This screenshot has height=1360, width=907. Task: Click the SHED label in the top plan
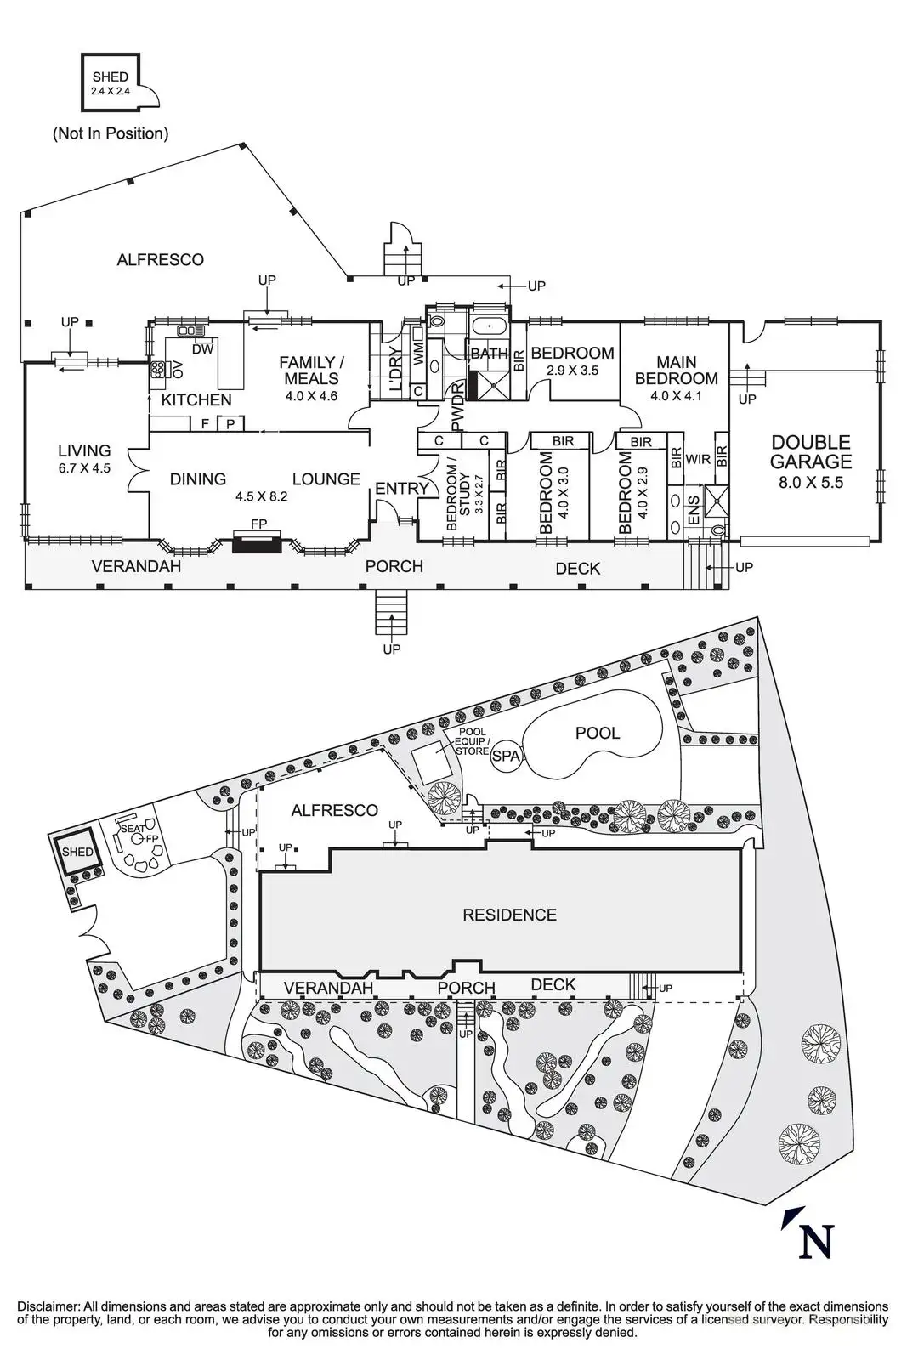click(x=110, y=77)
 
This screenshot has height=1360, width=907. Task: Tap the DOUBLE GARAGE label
click(x=810, y=451)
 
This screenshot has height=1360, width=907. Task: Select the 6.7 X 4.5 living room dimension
click(x=84, y=468)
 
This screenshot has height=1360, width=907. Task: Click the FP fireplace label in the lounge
click(x=258, y=524)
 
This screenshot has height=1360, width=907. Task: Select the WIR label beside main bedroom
click(x=698, y=460)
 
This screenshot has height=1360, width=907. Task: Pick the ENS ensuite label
click(x=694, y=510)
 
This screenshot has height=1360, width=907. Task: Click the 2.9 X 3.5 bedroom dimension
click(x=572, y=371)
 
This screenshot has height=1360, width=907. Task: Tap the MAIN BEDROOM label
click(x=677, y=371)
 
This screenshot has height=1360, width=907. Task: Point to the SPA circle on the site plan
click(x=506, y=756)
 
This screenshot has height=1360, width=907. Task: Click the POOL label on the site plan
click(x=598, y=733)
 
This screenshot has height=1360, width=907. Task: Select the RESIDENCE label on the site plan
click(x=509, y=915)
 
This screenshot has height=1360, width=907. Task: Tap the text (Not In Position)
click(x=111, y=133)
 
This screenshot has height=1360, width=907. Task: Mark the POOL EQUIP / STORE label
click(x=472, y=741)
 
